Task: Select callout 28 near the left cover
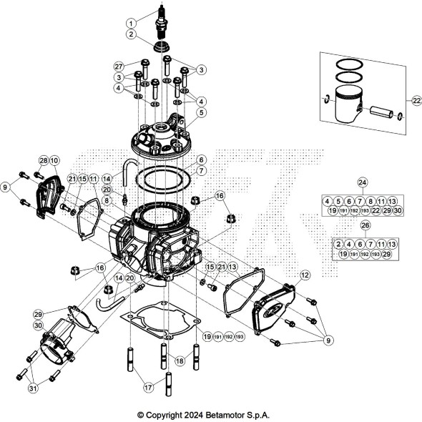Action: click(x=43, y=160)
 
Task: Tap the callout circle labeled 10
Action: click(x=55, y=160)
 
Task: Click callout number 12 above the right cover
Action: click(x=305, y=275)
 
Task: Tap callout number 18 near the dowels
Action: click(x=180, y=362)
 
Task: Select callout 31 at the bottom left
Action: click(x=32, y=389)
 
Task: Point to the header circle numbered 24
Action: click(x=362, y=182)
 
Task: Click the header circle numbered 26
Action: click(x=367, y=225)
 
